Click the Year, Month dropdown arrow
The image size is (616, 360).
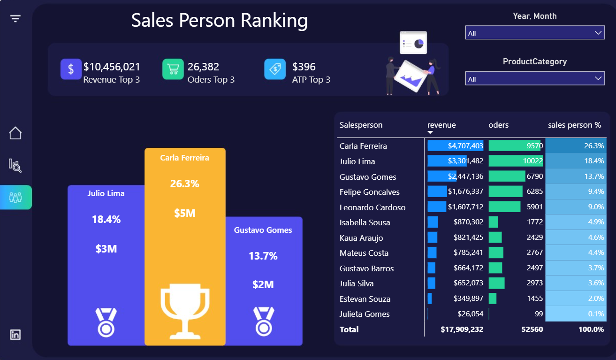pos(598,33)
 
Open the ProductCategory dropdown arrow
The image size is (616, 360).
pos(598,78)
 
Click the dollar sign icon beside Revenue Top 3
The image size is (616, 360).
pos(71,69)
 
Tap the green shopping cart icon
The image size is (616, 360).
pos(173,69)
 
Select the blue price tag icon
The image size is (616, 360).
pos(275,69)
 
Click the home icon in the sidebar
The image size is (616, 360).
pos(15,133)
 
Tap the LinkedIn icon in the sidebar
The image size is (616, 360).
pos(15,335)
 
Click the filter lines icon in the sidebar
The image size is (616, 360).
pos(15,19)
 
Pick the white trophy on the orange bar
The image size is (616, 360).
pos(185,311)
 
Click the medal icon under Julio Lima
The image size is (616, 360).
pos(106,322)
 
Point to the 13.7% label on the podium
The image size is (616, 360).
pos(263,256)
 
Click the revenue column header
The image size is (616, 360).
pos(441,125)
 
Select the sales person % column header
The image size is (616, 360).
pos(574,125)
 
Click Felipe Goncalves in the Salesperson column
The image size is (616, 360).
pos(369,192)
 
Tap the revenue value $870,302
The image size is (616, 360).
pos(468,222)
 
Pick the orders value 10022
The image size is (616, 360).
pos(533,161)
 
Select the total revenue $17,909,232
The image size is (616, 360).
pos(462,329)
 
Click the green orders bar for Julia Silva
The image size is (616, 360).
pos(497,283)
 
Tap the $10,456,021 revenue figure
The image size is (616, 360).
pos(112,67)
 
